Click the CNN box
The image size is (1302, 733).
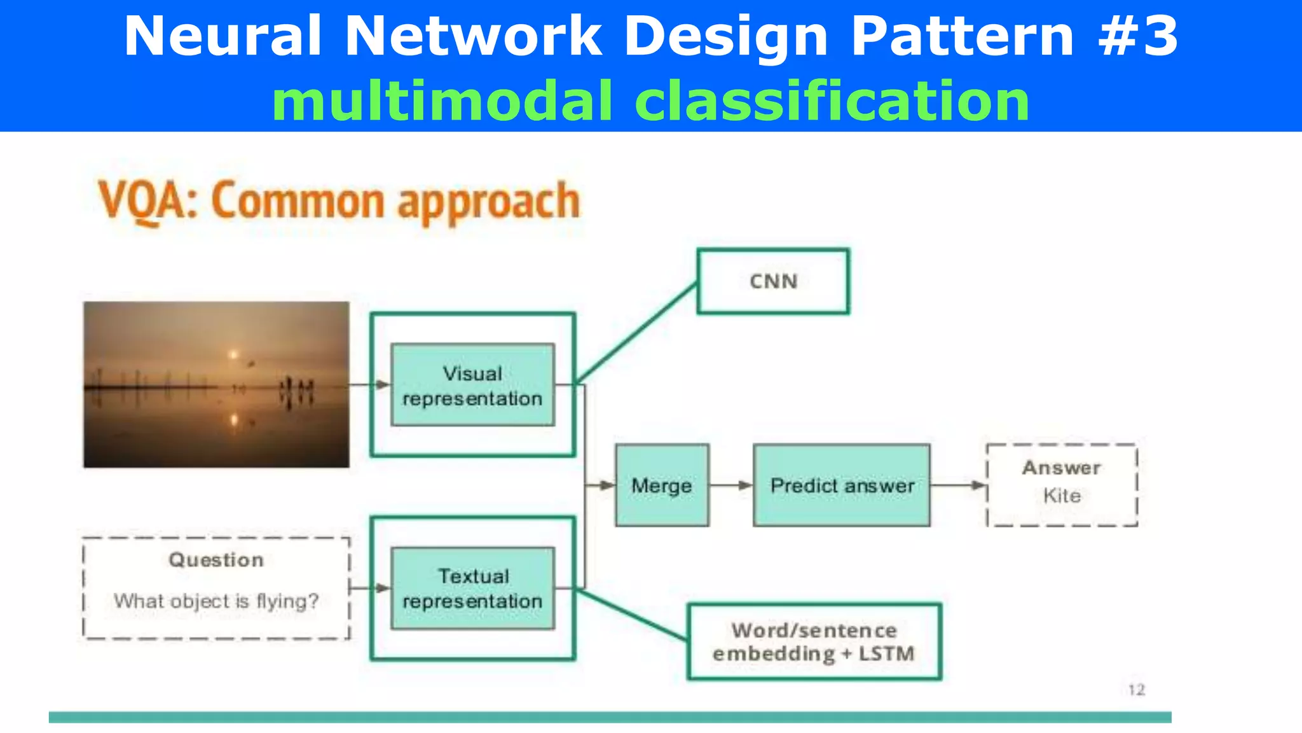[773, 281]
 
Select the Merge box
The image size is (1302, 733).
[662, 485]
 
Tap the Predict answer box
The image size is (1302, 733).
[842, 485]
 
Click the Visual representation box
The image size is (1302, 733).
[472, 385]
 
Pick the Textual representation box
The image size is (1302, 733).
[472, 589]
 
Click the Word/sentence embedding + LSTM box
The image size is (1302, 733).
[814, 642]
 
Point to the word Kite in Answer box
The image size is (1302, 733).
[1062, 496]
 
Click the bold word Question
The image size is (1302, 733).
[216, 560]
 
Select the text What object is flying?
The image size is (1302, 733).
[216, 601]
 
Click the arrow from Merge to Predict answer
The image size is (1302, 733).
[731, 485]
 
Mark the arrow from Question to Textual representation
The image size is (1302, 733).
[370, 588]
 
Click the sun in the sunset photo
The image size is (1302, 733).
[233, 354]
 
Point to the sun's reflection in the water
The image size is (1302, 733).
[234, 419]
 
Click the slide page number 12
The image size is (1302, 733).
[1136, 690]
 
